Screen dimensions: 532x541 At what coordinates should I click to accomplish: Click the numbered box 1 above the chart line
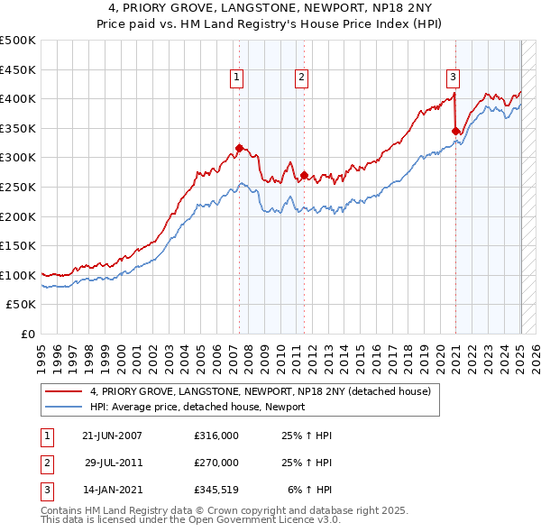coord(236,78)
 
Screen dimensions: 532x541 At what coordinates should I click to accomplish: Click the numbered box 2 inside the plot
coord(300,78)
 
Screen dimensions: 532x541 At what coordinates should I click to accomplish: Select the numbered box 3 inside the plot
coord(453,78)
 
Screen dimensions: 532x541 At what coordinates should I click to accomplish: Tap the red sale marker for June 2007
coord(239,148)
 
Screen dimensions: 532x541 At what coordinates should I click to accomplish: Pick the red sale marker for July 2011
coord(305,175)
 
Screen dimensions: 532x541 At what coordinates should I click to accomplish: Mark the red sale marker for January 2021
coord(455,131)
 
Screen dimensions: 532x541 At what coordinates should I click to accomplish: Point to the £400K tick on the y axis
coord(18,98)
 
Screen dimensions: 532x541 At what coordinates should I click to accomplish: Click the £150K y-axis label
coord(18,245)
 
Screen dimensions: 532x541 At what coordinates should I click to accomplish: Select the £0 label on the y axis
coord(27,334)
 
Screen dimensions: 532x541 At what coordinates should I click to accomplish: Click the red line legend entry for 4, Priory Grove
coord(261,391)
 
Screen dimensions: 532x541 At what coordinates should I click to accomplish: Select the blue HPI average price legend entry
coord(197,407)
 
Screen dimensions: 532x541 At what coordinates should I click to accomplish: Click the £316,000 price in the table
coord(216,436)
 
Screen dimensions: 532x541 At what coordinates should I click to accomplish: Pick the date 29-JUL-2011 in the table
coord(114,463)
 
